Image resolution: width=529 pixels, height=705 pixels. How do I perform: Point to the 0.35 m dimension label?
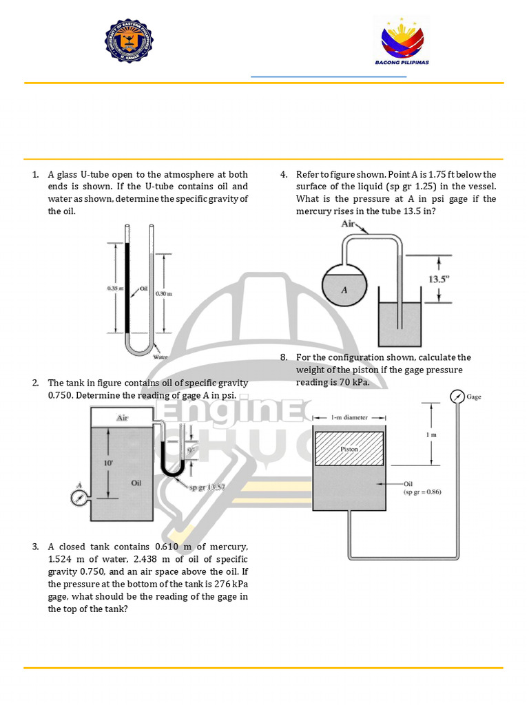tap(114, 289)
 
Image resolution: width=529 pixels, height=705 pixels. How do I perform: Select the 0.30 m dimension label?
tap(164, 293)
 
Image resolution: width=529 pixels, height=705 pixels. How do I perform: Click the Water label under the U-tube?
tap(160, 357)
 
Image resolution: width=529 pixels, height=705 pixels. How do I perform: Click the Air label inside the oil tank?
tap(123, 418)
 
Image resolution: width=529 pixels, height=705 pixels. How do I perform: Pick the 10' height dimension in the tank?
tap(108, 464)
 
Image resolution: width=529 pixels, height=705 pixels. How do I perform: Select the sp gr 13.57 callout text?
tap(208, 487)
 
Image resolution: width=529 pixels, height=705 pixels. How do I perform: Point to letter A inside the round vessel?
tap(344, 290)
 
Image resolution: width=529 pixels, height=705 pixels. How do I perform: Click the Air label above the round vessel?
tap(349, 224)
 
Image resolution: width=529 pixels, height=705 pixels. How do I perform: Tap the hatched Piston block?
tap(349, 448)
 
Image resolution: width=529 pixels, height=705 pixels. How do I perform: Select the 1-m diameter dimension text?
tap(350, 417)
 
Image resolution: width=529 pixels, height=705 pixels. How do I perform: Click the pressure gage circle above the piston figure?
tap(456, 397)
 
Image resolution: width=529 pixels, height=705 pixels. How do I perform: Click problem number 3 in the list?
tap(35, 547)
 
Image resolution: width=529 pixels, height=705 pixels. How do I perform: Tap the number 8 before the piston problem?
tap(283, 357)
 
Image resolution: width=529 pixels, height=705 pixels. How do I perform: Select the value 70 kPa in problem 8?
tap(354, 383)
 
